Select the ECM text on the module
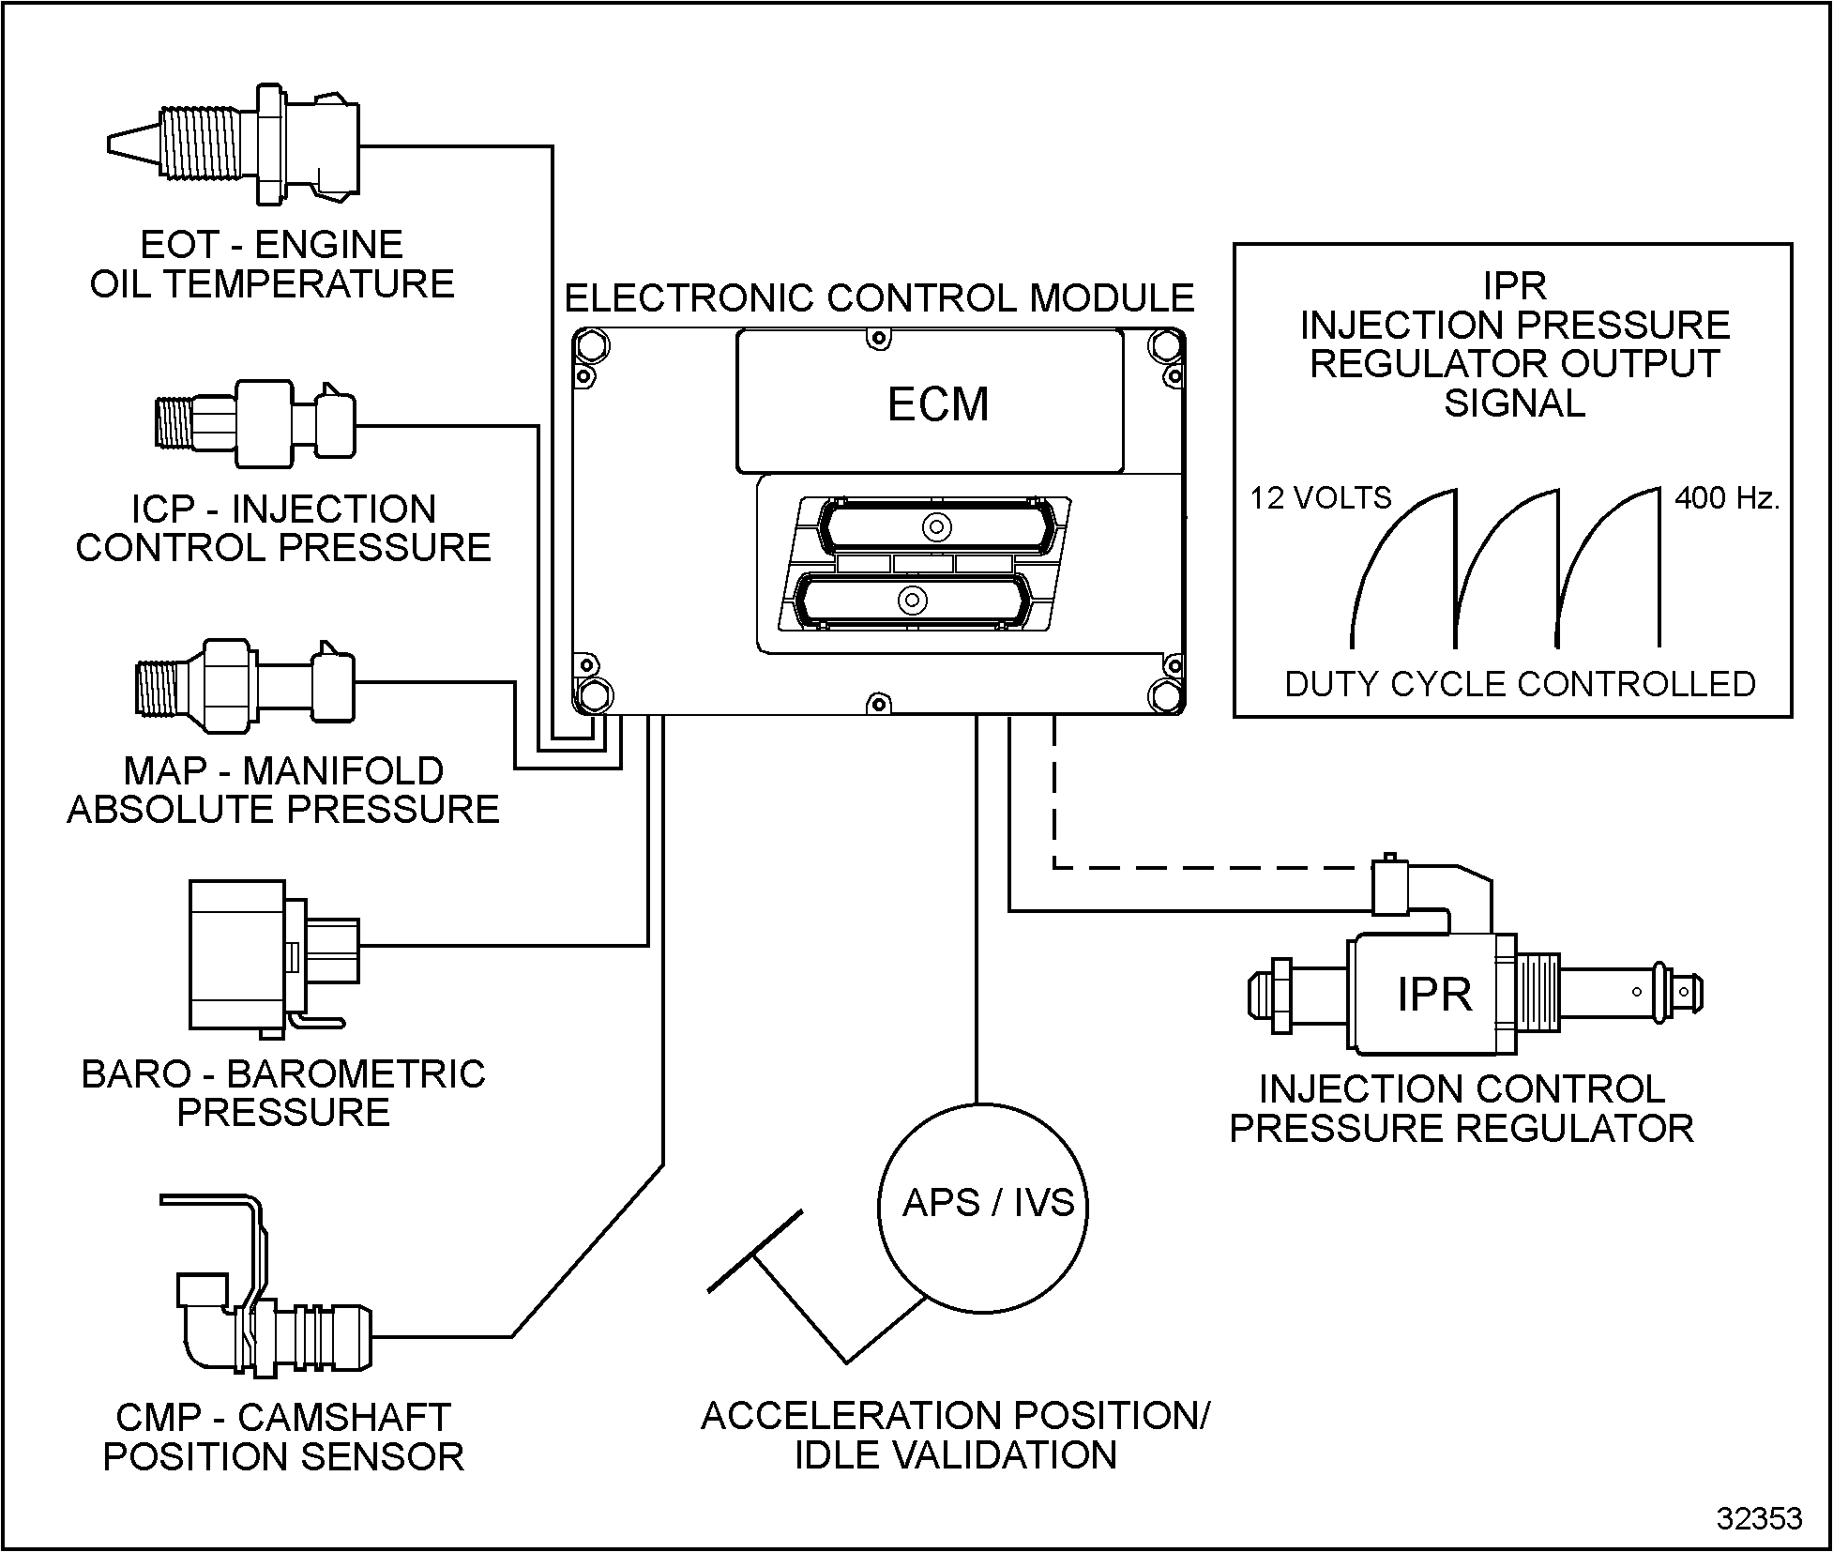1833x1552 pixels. [x=938, y=404]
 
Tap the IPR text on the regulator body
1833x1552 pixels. [x=1434, y=995]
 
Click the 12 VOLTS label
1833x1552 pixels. [x=1320, y=497]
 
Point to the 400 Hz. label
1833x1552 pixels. [x=1726, y=497]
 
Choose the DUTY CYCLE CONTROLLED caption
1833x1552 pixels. [x=1520, y=684]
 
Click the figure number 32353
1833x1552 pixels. [x=1759, y=1518]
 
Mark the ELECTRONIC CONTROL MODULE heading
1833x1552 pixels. [x=879, y=298]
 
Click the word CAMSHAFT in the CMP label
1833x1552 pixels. [x=344, y=1418]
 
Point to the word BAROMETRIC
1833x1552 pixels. [x=356, y=1074]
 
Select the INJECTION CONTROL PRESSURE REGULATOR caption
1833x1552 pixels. [x=1462, y=1109]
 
